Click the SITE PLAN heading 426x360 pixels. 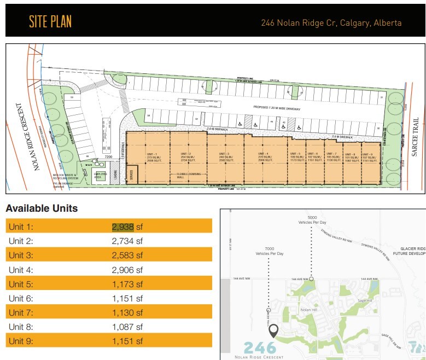[50, 22]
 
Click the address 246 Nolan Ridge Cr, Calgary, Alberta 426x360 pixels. [331, 23]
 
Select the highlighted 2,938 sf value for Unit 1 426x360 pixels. [123, 227]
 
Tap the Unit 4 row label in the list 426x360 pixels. [21, 270]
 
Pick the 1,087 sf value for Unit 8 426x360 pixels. [127, 327]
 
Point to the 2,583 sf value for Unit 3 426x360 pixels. [127, 255]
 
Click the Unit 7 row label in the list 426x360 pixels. [21, 312]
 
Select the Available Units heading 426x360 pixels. [42, 208]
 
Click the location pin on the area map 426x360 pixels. [273, 330]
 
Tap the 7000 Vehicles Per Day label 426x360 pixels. [269, 251]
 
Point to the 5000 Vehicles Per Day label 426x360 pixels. [312, 220]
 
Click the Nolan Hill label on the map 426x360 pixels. [310, 310]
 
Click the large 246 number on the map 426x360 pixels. [260, 347]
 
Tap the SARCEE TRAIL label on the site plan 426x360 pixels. [416, 142]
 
